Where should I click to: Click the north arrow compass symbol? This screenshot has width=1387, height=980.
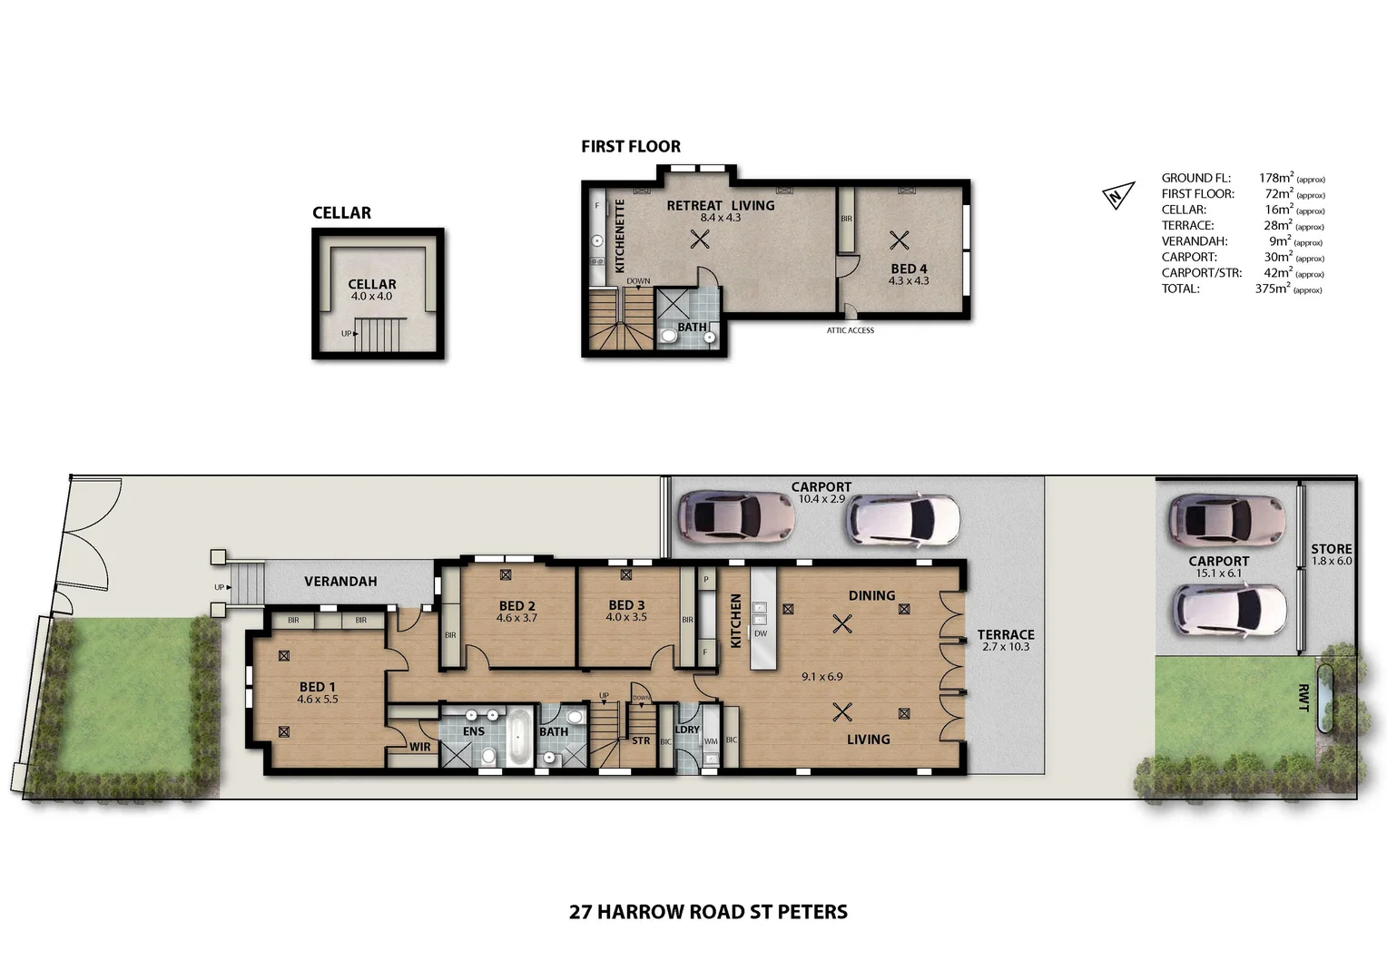click(x=1118, y=195)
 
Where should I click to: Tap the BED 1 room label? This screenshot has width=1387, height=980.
click(x=318, y=687)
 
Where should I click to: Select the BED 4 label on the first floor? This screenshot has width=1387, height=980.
click(x=909, y=269)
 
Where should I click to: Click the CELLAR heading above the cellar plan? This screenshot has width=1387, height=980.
click(x=341, y=213)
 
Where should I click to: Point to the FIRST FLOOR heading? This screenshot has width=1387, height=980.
click(x=631, y=146)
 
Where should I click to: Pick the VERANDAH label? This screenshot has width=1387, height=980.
click(x=340, y=582)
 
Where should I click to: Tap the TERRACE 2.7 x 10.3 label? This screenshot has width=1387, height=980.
click(x=1006, y=641)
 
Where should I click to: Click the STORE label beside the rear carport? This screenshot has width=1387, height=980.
click(x=1332, y=549)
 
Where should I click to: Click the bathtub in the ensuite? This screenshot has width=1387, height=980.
click(x=518, y=738)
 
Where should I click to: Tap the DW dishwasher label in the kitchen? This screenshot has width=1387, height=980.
click(x=761, y=633)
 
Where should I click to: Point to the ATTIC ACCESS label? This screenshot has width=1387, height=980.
click(x=851, y=330)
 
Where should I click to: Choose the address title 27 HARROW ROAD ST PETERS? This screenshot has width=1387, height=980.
click(x=708, y=912)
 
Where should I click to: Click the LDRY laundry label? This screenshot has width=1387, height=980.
click(x=687, y=730)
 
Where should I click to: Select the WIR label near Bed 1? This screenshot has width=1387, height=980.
click(x=420, y=747)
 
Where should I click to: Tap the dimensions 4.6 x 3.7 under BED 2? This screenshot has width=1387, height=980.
click(x=516, y=618)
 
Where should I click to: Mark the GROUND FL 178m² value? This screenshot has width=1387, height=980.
click(x=1275, y=178)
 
